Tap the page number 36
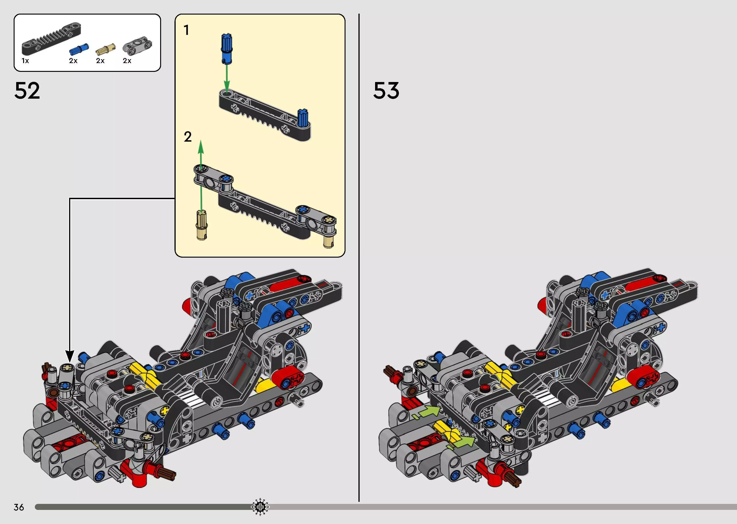19,507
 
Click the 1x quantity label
25,61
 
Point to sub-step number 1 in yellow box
186,30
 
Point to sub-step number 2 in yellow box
187,137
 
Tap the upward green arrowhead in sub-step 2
201,147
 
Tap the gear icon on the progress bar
260,507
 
